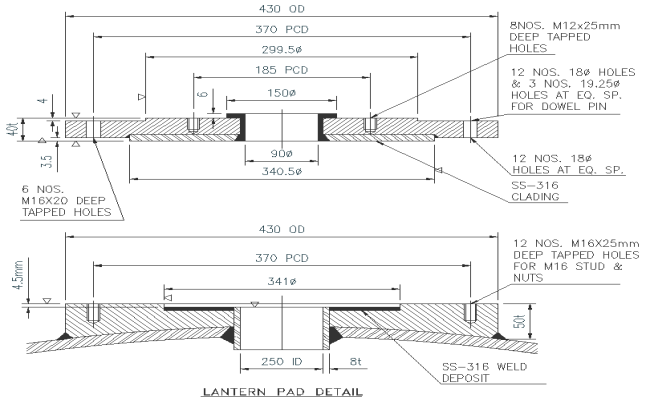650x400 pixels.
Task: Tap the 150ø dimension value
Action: point(281,93)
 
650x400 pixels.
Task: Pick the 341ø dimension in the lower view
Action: point(281,280)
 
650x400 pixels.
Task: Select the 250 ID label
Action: point(281,363)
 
